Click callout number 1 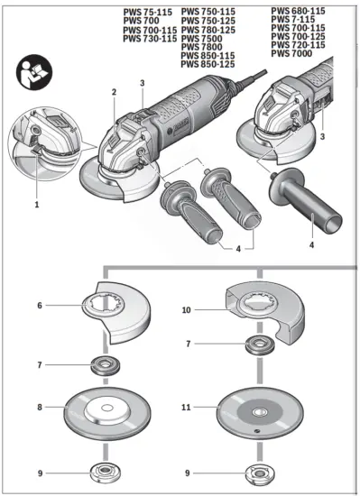coord(37,205)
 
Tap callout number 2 coord(114,92)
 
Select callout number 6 coord(41,306)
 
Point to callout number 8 coord(41,407)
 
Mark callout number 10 coord(188,309)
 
